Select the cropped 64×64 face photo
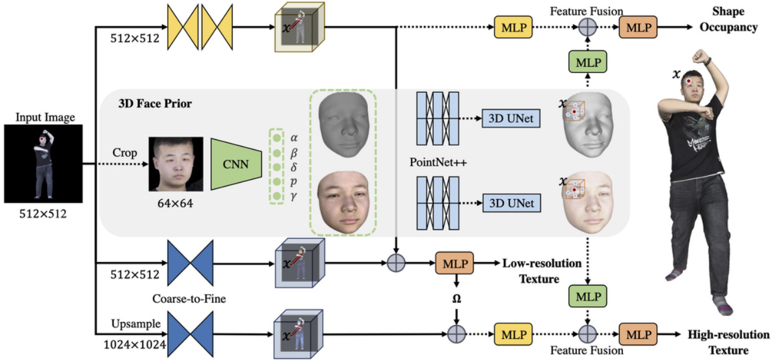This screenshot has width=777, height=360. point(175,163)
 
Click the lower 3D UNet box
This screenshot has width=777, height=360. point(511,203)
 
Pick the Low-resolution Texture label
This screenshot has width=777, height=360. point(541,271)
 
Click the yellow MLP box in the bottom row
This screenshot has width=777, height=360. point(509,333)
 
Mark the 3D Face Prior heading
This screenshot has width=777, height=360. point(155,104)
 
